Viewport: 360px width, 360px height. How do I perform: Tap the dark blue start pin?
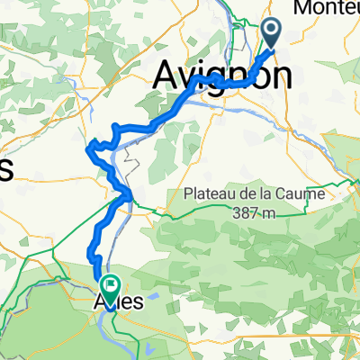click(x=271, y=32)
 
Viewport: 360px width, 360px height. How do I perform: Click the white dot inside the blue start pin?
click(x=271, y=30)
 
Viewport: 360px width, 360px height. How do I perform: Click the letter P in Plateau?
click(x=188, y=193)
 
